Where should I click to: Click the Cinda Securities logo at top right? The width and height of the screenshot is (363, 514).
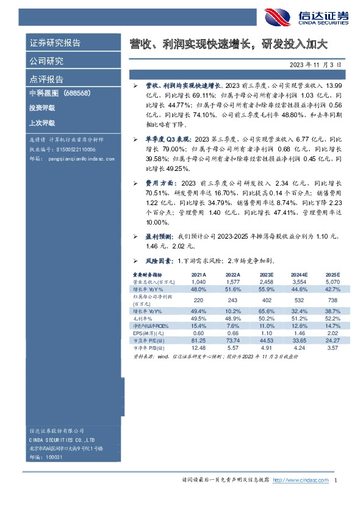tap(306, 18)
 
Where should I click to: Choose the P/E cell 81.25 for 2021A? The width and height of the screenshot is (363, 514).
tap(198, 341)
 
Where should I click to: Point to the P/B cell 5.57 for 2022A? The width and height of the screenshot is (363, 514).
tap(232, 347)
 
